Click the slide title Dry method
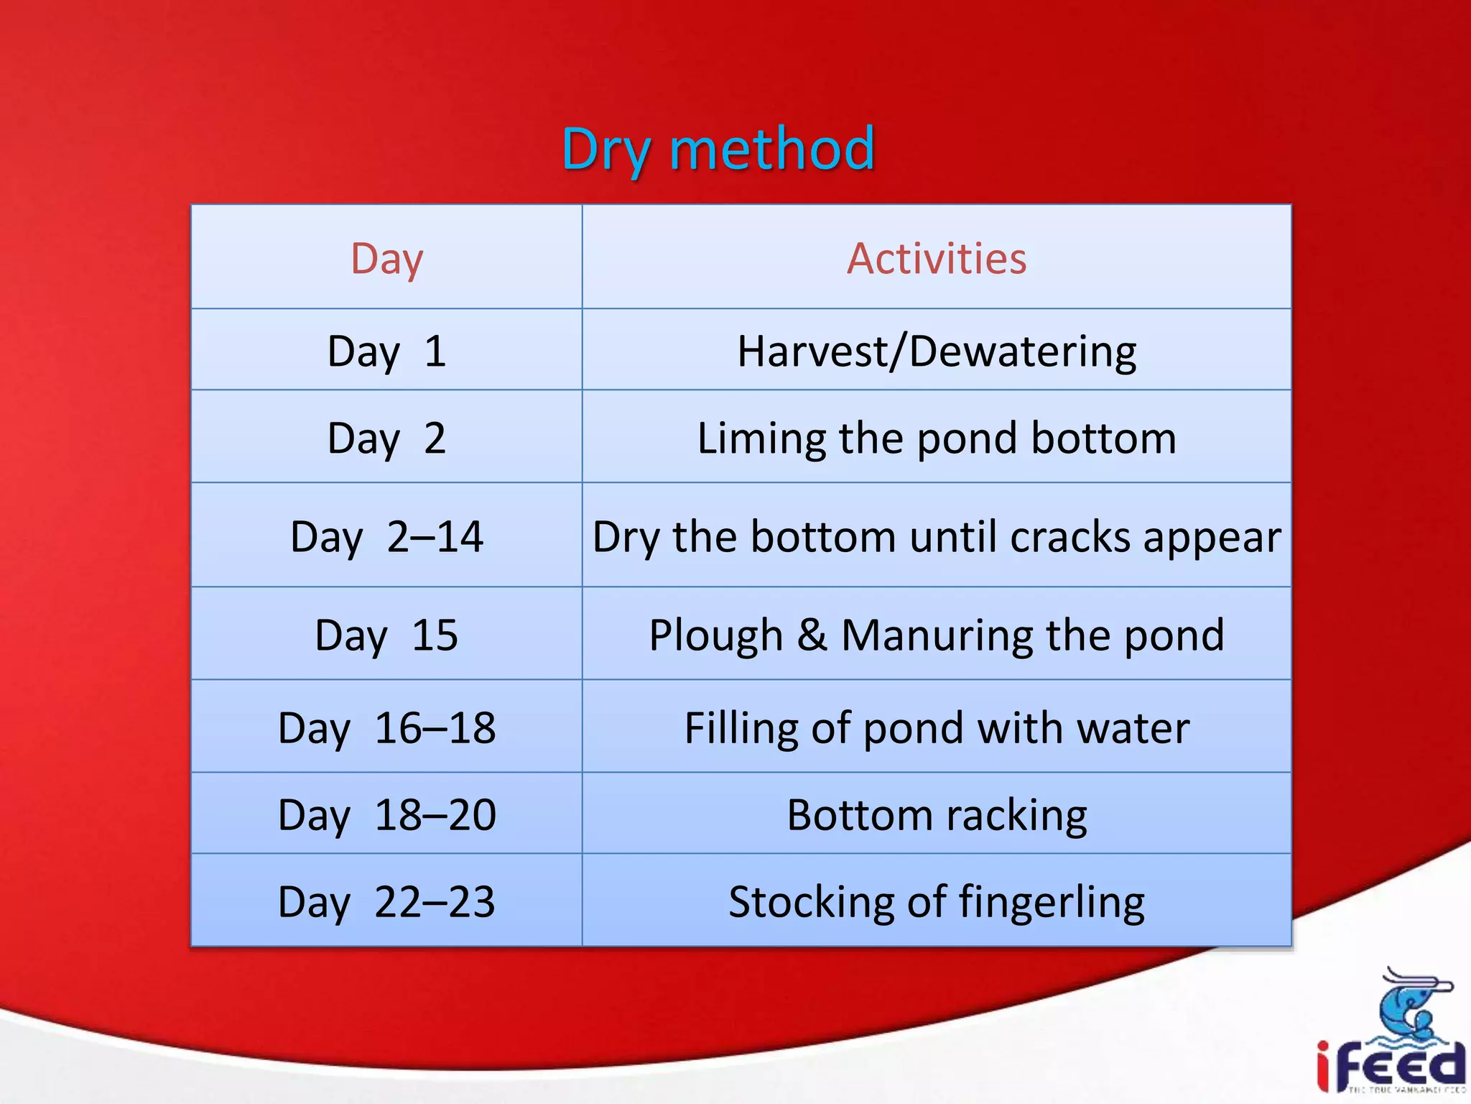coord(718,149)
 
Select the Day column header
coord(386,258)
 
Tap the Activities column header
coord(936,258)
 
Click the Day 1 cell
coord(386,351)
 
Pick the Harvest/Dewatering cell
coord(936,351)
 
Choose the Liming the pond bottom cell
coord(936,438)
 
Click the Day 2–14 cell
coord(386,536)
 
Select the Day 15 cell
coord(386,635)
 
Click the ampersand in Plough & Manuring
coord(812,635)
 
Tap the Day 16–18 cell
coord(386,727)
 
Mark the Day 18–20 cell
coord(386,814)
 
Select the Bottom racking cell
coord(936,814)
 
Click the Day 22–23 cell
coord(386,901)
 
